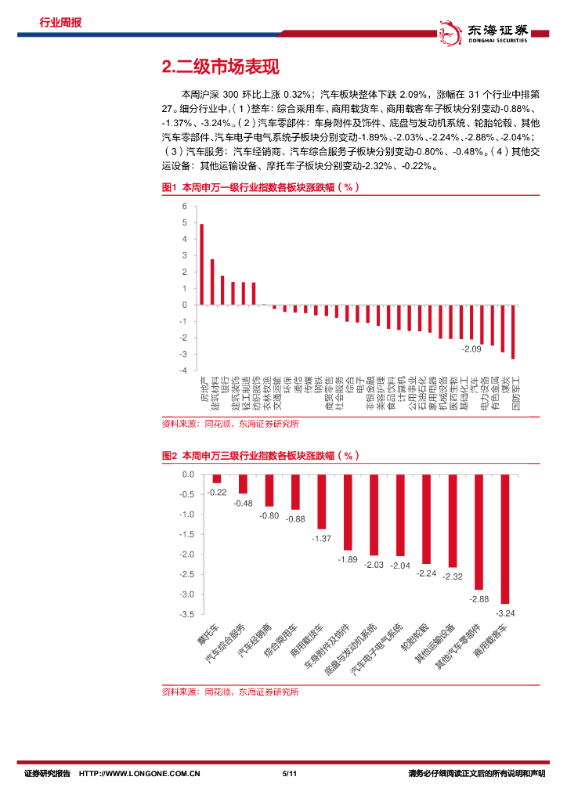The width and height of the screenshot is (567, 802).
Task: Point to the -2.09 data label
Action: (x=471, y=349)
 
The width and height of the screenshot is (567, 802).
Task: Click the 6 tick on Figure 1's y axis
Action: (x=184, y=207)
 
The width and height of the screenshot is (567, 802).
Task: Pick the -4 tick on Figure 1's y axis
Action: (x=182, y=370)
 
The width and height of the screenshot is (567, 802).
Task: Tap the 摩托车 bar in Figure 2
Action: (x=217, y=479)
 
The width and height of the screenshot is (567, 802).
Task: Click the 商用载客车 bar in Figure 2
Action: (x=504, y=539)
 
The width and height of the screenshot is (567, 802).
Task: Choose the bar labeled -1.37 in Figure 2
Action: (x=321, y=501)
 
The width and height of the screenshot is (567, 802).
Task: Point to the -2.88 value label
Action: (x=478, y=599)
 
